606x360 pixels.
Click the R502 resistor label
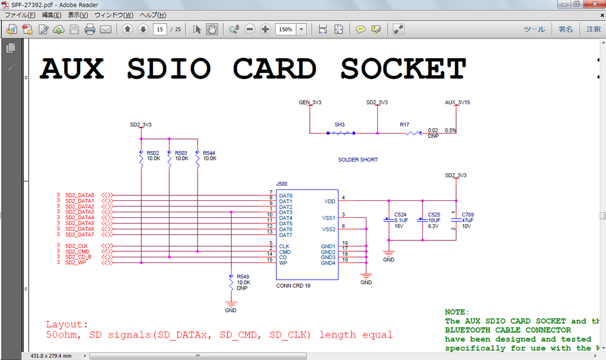pos(152,153)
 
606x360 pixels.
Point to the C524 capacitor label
pos(400,215)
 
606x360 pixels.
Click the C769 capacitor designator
pos(468,215)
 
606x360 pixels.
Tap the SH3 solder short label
pos(340,124)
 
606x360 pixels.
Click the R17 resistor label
pos(404,124)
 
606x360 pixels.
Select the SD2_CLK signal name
pos(76,246)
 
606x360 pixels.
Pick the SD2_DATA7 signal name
pos(79,234)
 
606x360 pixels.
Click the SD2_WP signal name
pos(76,262)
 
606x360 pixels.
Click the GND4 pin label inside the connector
pos(328,263)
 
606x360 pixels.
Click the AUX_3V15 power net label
pos(457,103)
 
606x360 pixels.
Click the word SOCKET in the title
pos(403,69)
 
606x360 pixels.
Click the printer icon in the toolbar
pos(90,29)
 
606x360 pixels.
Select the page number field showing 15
pos(160,29)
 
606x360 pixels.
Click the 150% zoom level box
pos(286,29)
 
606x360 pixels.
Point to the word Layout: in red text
pos(67,325)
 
